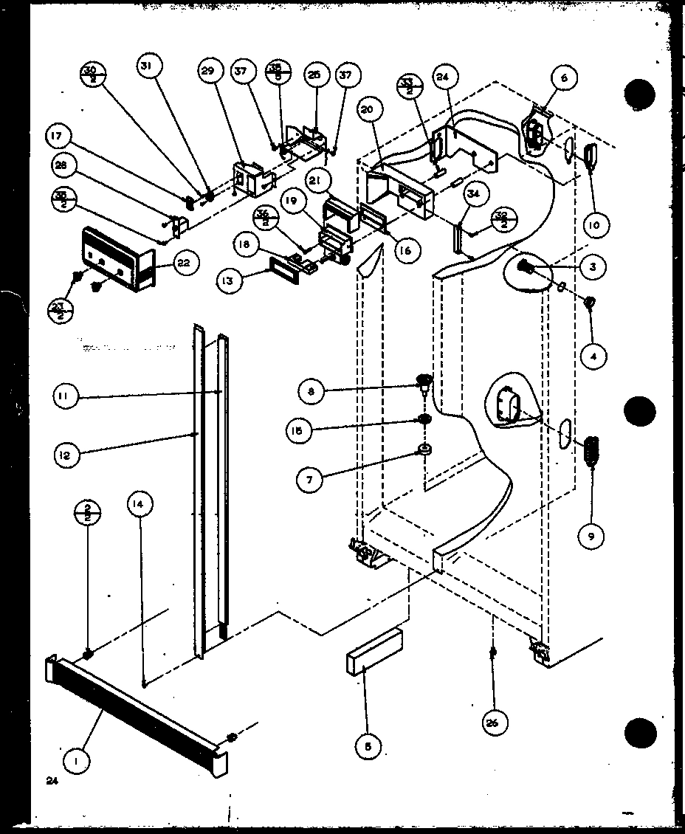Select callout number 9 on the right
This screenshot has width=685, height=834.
[590, 537]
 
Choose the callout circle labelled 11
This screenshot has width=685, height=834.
[66, 396]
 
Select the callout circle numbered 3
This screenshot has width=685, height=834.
[593, 268]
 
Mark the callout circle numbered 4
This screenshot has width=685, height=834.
[593, 356]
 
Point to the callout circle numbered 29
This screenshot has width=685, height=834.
[209, 72]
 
